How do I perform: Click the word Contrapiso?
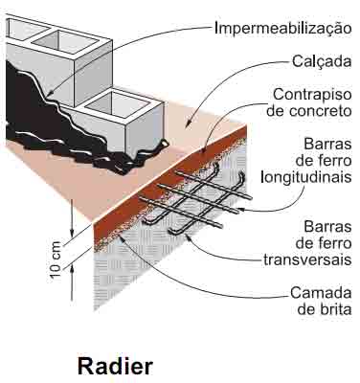(x=313, y=95)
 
